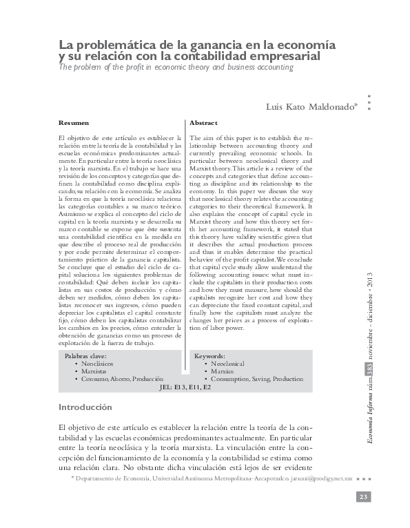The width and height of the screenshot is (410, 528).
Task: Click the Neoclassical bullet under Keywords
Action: [x=228, y=363]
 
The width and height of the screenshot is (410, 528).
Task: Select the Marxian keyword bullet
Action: [x=223, y=371]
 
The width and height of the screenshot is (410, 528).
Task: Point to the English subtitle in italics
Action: [x=176, y=68]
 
